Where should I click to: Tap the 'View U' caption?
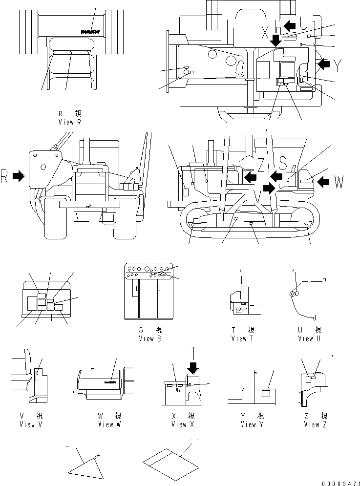309,338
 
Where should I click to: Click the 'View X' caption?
183,424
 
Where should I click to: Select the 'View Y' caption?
252,424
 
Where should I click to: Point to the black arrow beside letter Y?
323,63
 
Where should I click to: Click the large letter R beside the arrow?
4,178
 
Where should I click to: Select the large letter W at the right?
339,183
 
